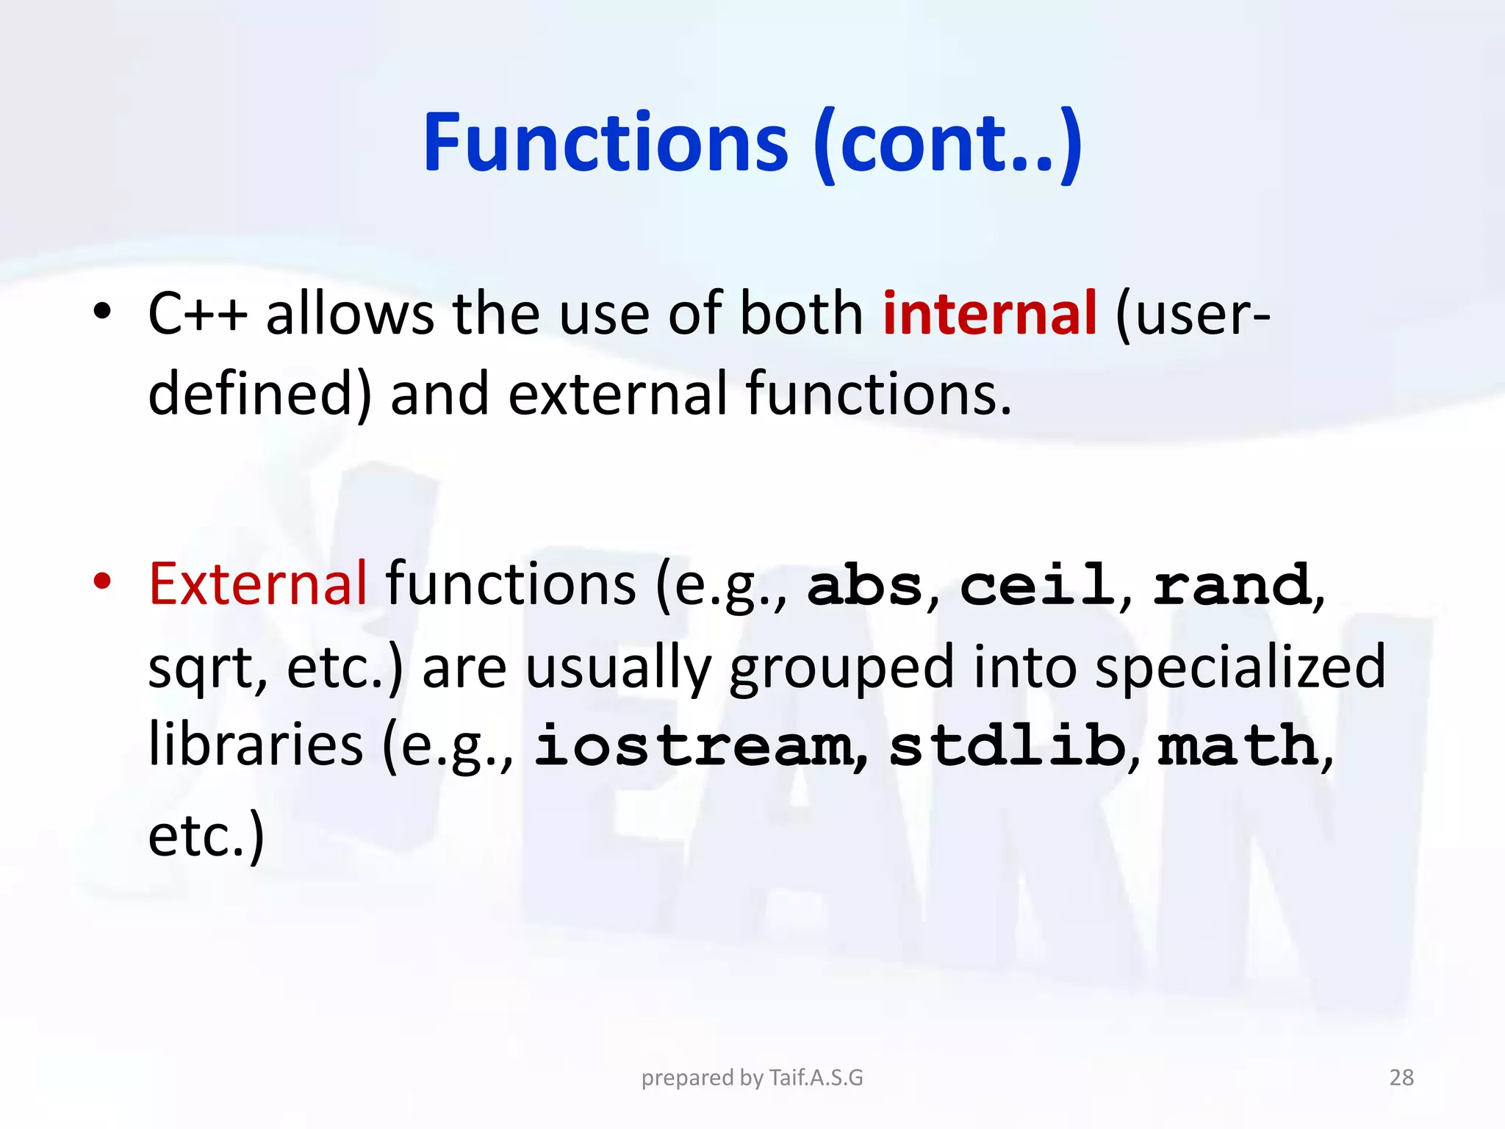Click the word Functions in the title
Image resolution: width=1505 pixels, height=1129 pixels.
click(x=606, y=143)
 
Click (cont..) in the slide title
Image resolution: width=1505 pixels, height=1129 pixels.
click(x=948, y=143)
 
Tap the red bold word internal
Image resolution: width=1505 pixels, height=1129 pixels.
click(x=989, y=314)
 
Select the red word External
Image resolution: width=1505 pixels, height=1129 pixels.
click(x=257, y=584)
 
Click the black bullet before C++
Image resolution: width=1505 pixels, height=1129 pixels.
click(x=102, y=312)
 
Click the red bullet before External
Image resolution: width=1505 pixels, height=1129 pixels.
click(x=102, y=581)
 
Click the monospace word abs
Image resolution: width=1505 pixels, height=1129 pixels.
click(x=864, y=586)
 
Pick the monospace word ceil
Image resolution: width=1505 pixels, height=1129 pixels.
click(x=1037, y=586)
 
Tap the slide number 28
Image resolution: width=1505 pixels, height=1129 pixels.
click(x=1401, y=1078)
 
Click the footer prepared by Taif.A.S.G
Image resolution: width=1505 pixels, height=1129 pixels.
click(x=752, y=1078)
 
